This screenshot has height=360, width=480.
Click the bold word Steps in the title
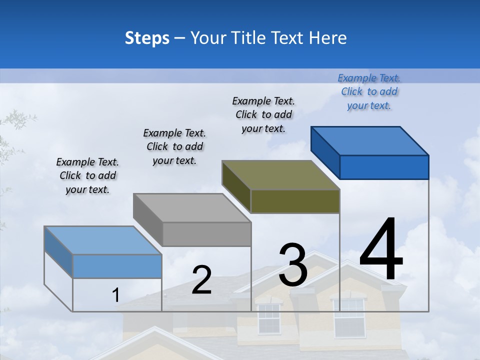pos(147,38)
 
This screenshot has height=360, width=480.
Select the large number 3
pos(293,264)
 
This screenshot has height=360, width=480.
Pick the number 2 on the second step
pos(201,280)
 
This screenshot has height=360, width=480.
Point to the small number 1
pos(116,295)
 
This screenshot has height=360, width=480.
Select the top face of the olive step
pos(281,175)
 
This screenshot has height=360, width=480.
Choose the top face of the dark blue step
pos(370,141)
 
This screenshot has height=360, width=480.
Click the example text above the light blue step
pos(87,175)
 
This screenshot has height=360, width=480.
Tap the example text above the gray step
pos(174,146)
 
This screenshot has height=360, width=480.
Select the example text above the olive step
pos(263,114)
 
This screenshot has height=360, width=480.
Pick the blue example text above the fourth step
pos(369,91)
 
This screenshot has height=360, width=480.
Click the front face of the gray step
pos(207,234)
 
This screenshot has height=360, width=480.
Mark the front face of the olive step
pos(295,201)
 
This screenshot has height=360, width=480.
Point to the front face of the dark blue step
pos(384,167)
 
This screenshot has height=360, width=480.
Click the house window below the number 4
pos(349,317)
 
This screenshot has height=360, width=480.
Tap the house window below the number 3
pos(268,318)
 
